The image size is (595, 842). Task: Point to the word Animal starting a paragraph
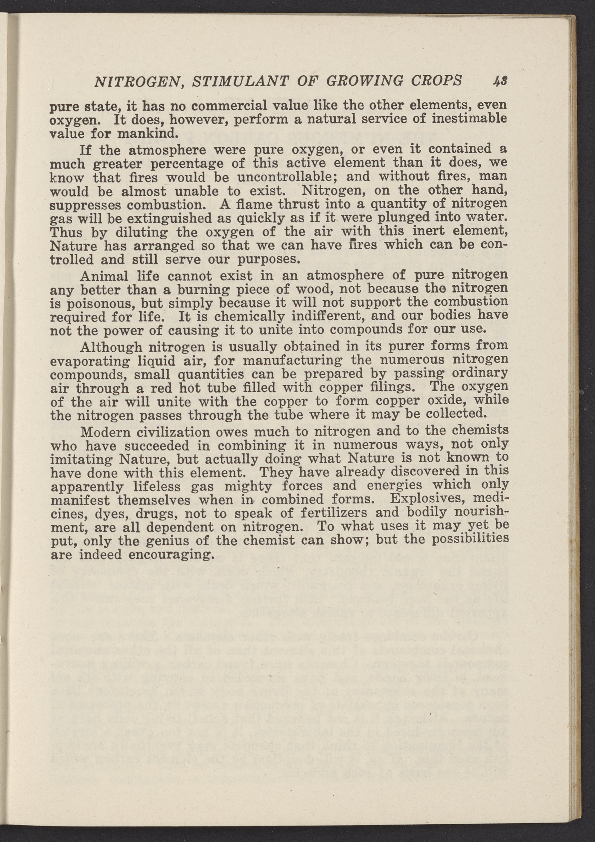pos(104,276)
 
